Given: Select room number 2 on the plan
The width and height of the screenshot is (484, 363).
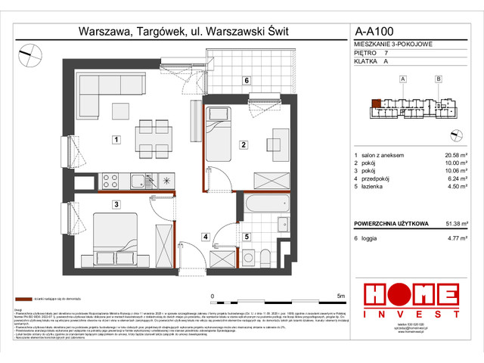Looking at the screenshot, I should click(x=243, y=144).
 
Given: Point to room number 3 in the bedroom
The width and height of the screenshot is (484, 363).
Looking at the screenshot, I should click(x=117, y=204).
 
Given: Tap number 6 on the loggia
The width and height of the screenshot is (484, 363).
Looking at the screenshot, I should click(x=247, y=80).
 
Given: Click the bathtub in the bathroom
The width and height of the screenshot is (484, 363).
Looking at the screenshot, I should click(x=265, y=205).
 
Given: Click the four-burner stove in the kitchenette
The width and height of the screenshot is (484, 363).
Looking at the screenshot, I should click(x=110, y=181).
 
